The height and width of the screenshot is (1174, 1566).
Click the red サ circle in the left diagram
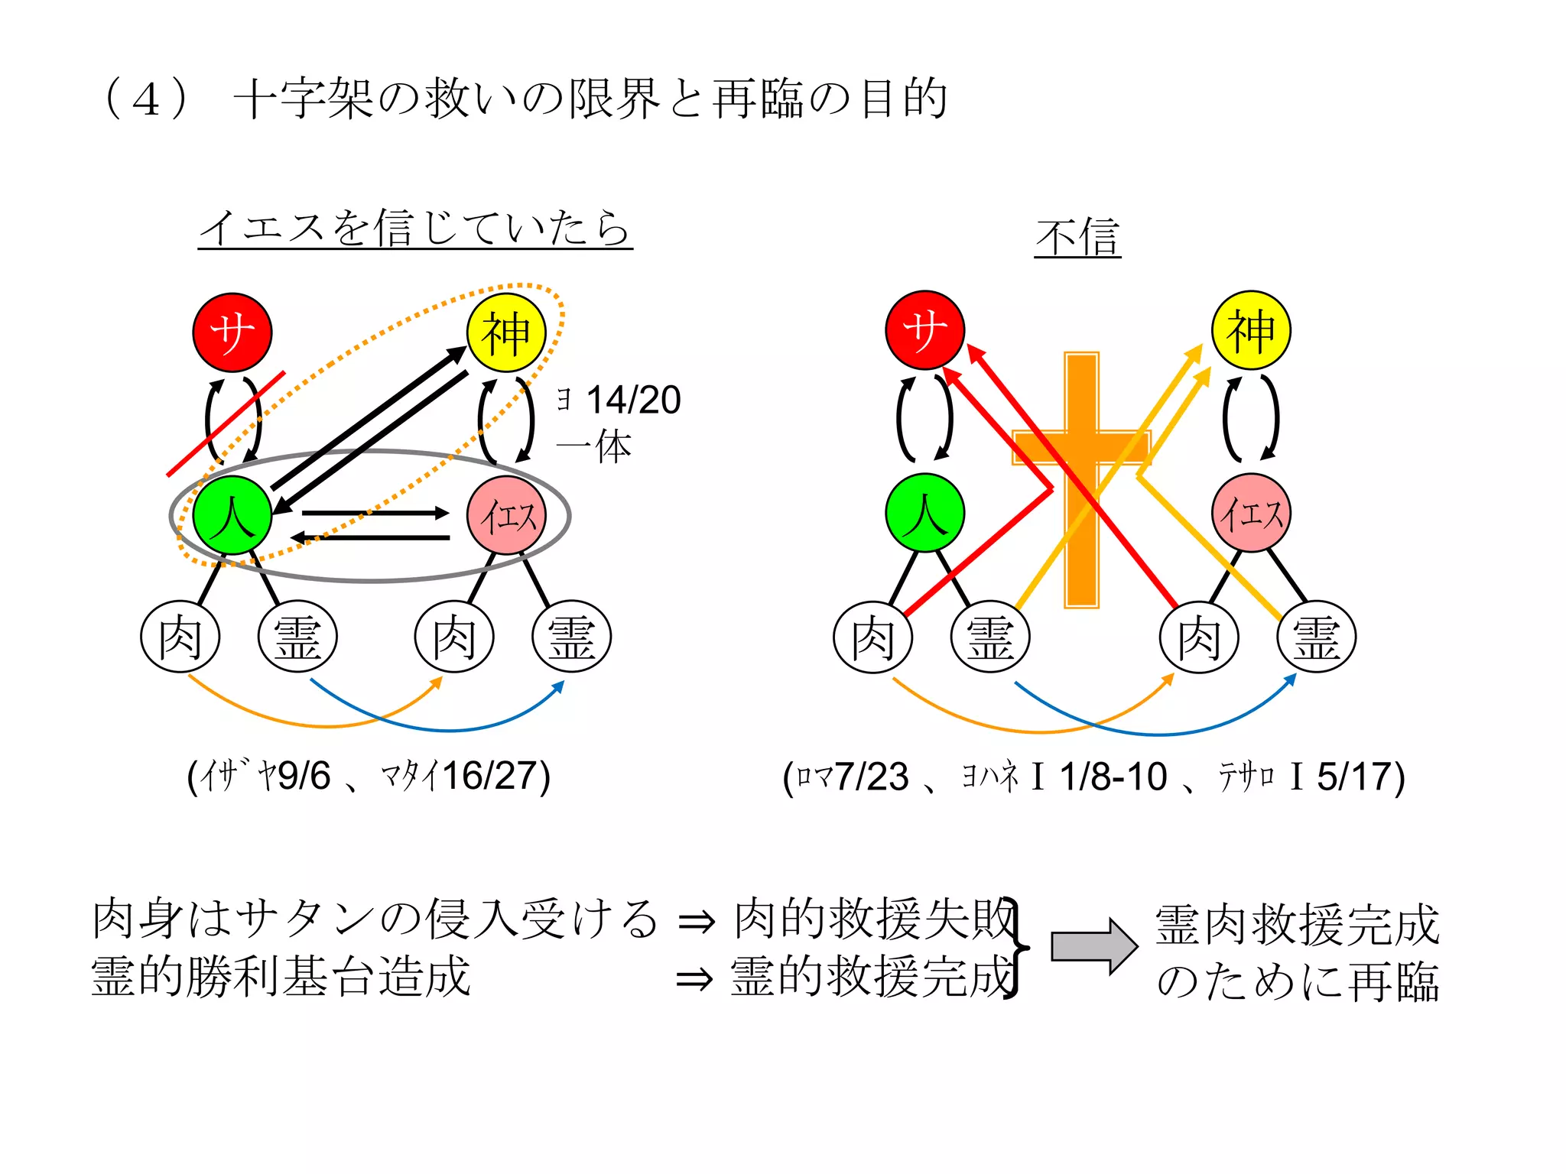(x=232, y=332)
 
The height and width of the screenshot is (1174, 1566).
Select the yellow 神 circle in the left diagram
(x=506, y=332)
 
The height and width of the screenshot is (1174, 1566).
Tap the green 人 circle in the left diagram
(x=232, y=514)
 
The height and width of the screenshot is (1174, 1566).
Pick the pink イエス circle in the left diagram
(x=506, y=514)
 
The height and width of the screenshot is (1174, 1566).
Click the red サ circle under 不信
(x=924, y=330)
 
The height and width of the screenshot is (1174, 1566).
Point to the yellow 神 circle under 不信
(x=1251, y=330)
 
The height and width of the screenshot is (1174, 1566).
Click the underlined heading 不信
(x=1077, y=238)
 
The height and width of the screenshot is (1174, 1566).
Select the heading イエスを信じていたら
(x=415, y=228)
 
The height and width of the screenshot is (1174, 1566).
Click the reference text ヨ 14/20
(x=619, y=400)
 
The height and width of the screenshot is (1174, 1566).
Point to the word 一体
(x=594, y=446)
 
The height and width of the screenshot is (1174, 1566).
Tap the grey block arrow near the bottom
(x=1093, y=946)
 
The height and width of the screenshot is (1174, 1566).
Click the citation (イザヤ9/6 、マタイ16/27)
(x=369, y=777)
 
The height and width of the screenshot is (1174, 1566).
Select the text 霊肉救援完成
(x=1297, y=925)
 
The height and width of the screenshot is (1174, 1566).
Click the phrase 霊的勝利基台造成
(x=281, y=977)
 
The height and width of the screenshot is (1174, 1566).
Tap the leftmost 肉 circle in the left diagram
(x=180, y=637)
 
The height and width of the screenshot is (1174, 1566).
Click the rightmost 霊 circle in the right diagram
(x=1316, y=637)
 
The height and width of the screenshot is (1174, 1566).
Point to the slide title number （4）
(x=145, y=99)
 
